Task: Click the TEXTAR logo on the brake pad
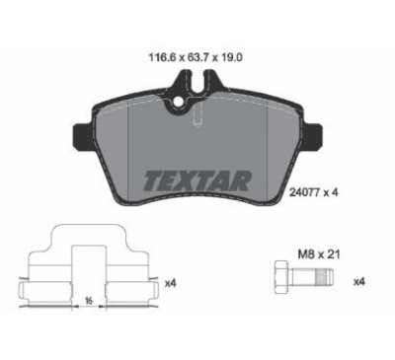(197, 180)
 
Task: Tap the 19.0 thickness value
(232, 58)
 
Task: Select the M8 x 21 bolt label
(319, 253)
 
